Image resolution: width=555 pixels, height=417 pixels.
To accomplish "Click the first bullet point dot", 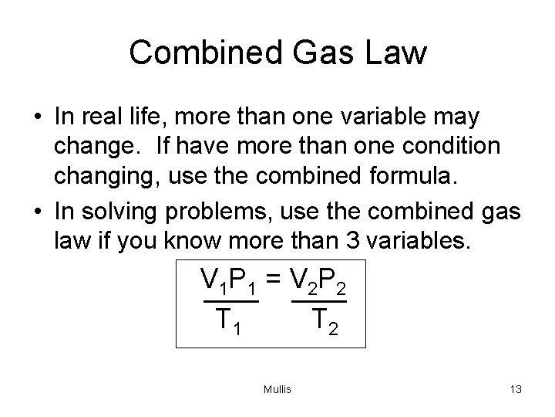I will pos(37,118).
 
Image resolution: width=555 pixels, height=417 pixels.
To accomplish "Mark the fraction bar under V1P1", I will pos(228,299).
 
